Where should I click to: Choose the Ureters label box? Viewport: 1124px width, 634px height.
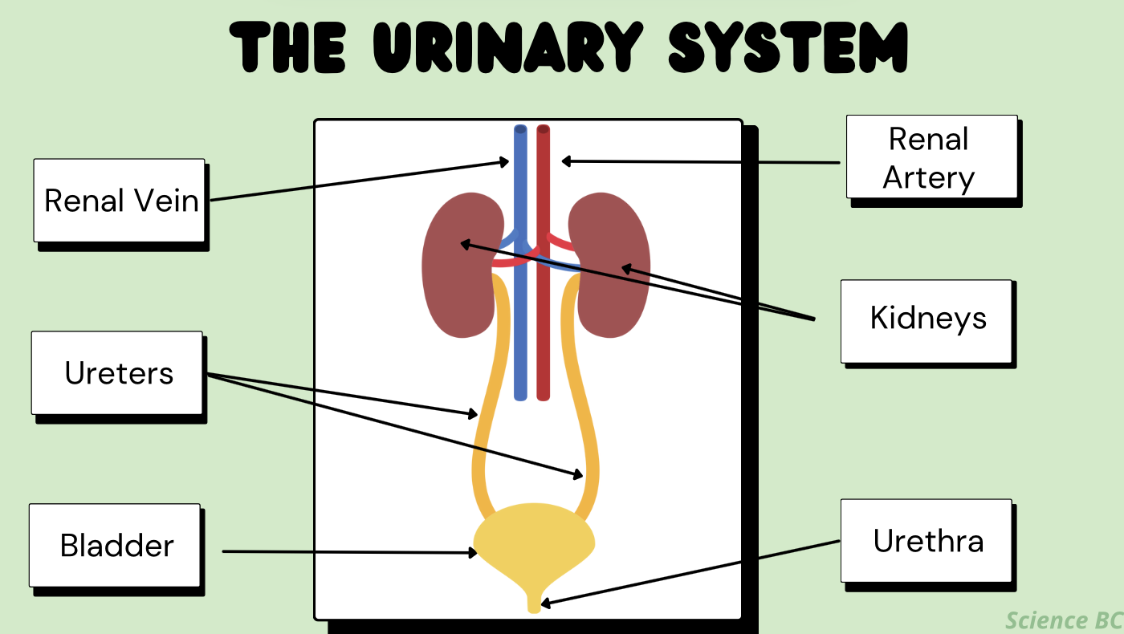tap(117, 373)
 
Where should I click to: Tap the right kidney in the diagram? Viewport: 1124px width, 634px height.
tap(610, 265)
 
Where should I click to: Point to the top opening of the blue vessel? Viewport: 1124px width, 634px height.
tap(520, 129)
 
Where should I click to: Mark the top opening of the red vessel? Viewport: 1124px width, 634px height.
tap(544, 129)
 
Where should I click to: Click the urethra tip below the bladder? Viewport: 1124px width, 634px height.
tap(535, 607)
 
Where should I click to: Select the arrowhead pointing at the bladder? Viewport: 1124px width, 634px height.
tap(474, 552)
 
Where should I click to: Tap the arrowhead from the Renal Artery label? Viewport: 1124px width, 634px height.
tap(565, 161)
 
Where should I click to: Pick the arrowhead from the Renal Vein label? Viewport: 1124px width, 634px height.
tap(504, 162)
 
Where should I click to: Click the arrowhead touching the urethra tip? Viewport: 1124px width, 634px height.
tap(545, 603)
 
